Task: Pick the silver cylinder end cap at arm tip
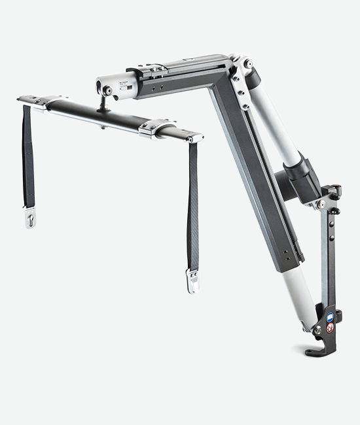point(104,88)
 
